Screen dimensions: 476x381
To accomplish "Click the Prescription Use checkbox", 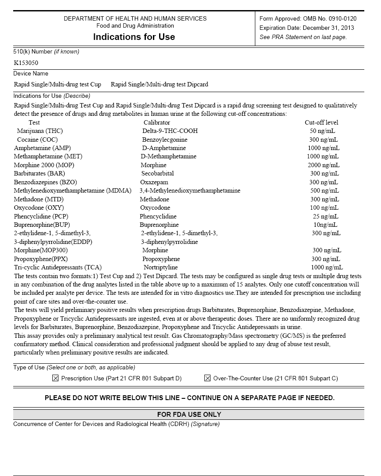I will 55,378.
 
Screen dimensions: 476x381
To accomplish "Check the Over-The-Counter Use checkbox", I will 207,378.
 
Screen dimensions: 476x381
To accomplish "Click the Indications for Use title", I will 134,37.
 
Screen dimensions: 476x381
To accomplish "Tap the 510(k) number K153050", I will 26,63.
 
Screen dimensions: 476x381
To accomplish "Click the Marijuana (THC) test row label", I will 40,131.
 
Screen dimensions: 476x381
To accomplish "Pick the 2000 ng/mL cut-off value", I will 323,165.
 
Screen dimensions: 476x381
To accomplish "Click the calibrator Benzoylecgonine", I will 164,140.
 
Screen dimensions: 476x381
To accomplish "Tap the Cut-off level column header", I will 321,122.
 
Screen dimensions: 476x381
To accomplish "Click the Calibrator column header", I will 156,122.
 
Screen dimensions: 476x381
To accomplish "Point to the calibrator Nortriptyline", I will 160,267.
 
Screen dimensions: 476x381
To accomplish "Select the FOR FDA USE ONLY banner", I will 189,414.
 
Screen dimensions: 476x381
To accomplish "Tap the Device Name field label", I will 31,73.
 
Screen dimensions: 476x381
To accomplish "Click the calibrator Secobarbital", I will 157,173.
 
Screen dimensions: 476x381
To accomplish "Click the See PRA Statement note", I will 303,37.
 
